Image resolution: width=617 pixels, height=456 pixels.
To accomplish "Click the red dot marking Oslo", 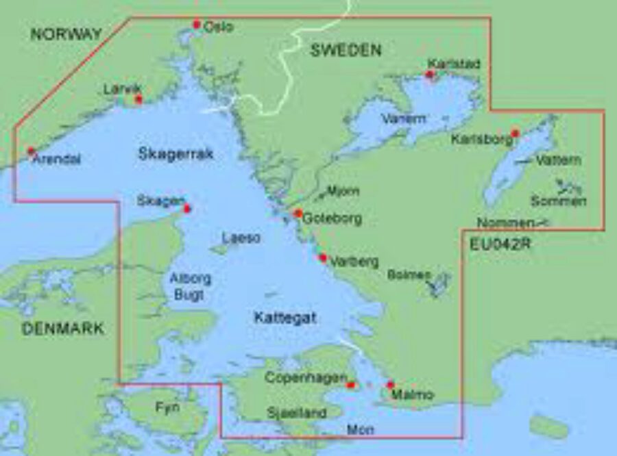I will tap(197, 25).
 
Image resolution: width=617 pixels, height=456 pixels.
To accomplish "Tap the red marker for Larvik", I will tap(138, 99).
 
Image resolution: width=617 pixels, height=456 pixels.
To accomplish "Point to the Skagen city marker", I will tap(186, 209).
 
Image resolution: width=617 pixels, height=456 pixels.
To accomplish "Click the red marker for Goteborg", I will tap(298, 214).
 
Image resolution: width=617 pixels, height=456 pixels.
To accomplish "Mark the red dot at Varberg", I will tap(323, 258).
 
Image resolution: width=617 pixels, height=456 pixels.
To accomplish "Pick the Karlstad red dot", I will tap(431, 75).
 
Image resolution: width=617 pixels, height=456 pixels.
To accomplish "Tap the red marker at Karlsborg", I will tap(515, 134).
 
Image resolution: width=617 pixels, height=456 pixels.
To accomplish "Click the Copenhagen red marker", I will tap(351, 385).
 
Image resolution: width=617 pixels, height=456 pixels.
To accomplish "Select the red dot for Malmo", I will tap(390, 385).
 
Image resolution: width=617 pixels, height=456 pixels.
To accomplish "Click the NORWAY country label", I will tap(66, 34).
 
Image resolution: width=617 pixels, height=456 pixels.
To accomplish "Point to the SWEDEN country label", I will tap(346, 50).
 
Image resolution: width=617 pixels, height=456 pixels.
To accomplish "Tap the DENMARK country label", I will tap(63, 329).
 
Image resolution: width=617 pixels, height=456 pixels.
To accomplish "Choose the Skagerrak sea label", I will tap(176, 154).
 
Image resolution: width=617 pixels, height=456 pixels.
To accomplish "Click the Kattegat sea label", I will tap(285, 318).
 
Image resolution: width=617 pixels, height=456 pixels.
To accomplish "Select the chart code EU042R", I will tap(501, 243).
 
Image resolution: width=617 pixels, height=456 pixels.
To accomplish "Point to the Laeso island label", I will tap(241, 238).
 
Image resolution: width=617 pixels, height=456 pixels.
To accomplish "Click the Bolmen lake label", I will tap(409, 275).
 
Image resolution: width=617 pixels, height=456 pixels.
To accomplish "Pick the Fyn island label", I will tap(167, 407).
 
